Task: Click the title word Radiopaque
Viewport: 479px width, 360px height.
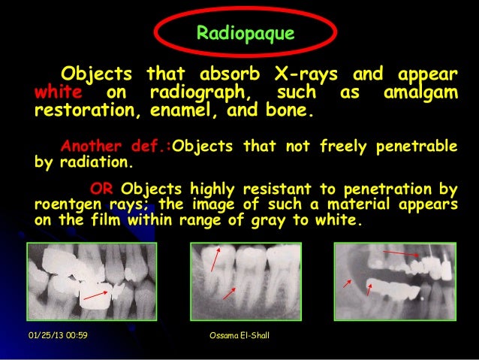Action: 245,34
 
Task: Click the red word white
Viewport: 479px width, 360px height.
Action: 56,94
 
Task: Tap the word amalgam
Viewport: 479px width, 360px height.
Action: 420,94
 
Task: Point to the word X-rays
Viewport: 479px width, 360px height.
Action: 296,75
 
